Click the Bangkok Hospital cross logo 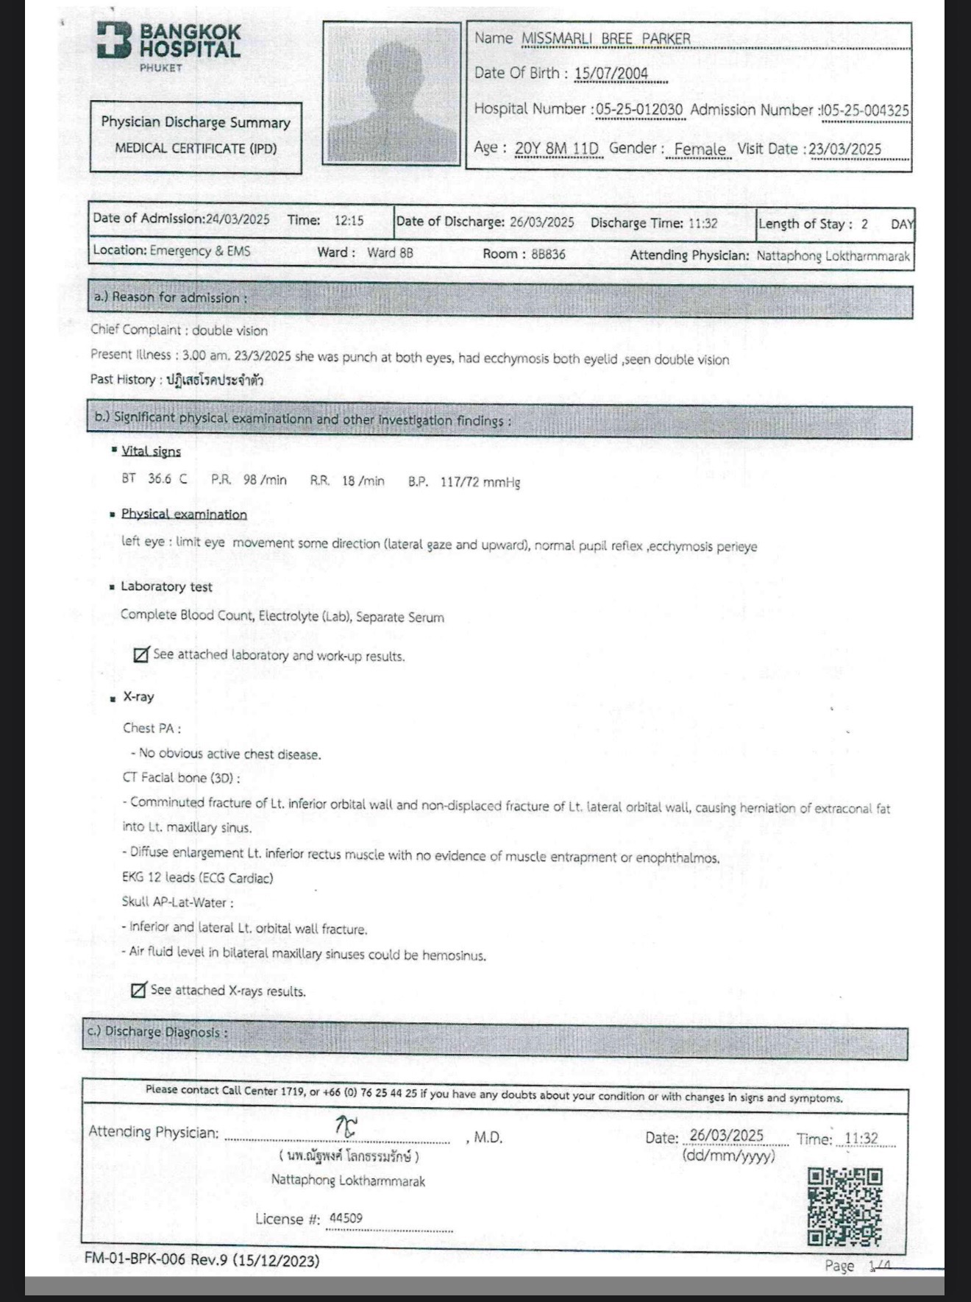point(114,40)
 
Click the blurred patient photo point(391,93)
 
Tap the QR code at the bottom point(844,1207)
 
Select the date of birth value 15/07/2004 point(611,73)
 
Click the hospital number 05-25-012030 point(639,110)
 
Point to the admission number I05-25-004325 point(865,110)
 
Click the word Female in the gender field point(700,149)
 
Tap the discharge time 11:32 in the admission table point(703,223)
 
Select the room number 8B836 point(548,255)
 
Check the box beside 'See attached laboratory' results point(141,654)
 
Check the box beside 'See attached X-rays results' point(138,990)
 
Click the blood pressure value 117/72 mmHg point(480,482)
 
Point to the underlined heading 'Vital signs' point(151,451)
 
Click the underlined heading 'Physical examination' point(184,514)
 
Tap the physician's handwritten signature point(346,1126)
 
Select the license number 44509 point(346,1218)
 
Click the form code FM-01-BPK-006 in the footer point(136,1260)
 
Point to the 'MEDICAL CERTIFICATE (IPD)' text point(196,148)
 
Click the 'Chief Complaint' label point(137,330)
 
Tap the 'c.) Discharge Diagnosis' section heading point(157,1032)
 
